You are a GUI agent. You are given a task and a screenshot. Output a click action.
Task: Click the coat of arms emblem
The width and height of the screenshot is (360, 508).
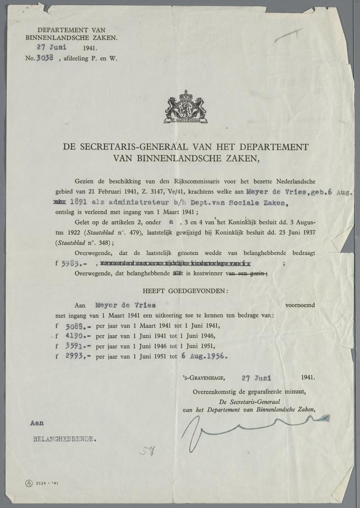pyautogui.click(x=185, y=107)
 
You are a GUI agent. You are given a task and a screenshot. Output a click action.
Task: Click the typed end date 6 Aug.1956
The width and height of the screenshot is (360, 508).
pyautogui.click(x=204, y=356)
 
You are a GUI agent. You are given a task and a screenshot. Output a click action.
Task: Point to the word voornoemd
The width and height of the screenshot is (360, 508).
pyautogui.click(x=301, y=305)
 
